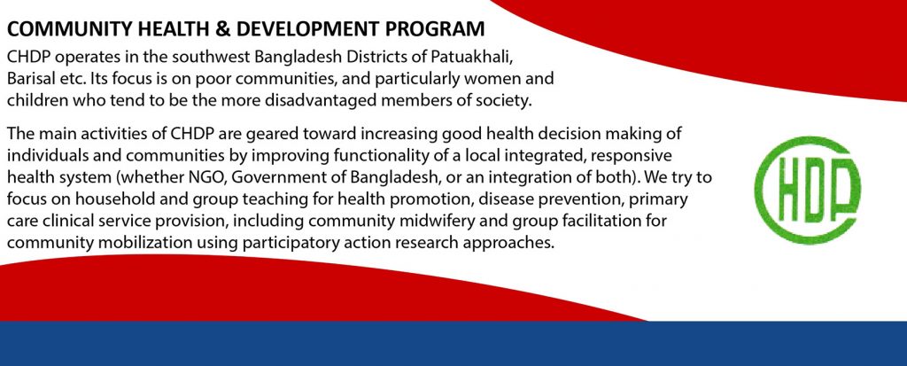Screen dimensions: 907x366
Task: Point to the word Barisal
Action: [x=29, y=79]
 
